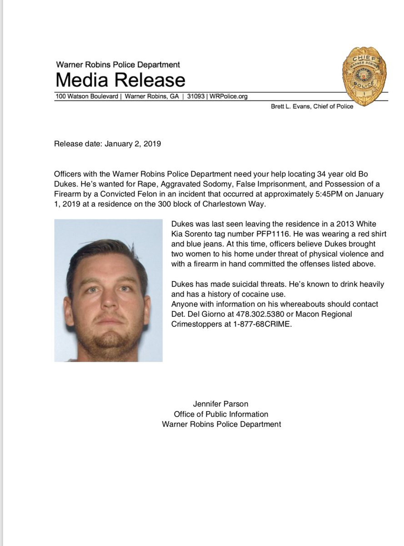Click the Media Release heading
pos(120,80)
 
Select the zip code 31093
pos(196,96)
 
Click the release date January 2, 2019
pos(133,144)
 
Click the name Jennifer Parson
pos(221,404)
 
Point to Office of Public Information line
pos(221,414)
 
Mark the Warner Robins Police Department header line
pos(118,65)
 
